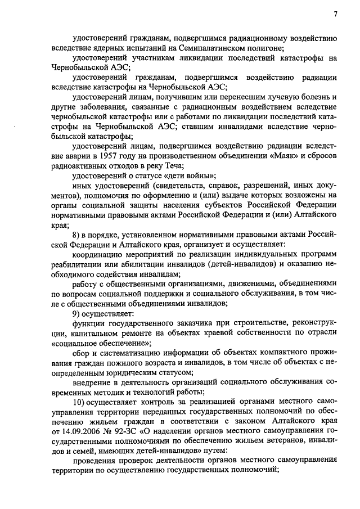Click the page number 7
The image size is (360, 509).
point(335,13)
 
